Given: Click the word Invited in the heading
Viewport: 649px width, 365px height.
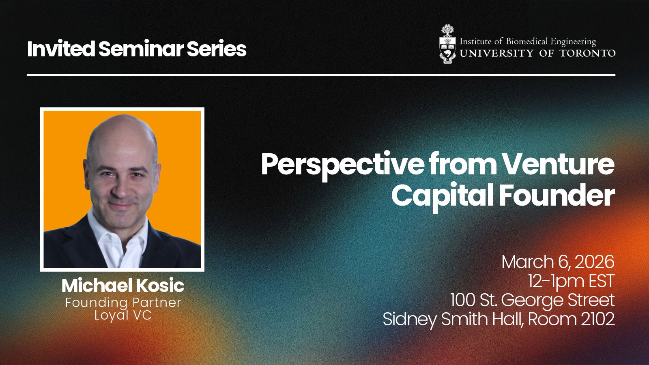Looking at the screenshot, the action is point(61,49).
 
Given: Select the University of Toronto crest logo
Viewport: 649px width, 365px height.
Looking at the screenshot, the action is point(448,44).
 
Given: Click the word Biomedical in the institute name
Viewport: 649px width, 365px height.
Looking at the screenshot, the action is point(527,42).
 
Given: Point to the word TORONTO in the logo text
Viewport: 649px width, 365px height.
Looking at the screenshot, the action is point(587,53).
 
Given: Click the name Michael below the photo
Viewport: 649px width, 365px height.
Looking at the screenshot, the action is point(97,286).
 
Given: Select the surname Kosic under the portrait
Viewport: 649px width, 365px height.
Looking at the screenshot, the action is point(160,286).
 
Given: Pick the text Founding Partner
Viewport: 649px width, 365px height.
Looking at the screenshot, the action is point(123,303).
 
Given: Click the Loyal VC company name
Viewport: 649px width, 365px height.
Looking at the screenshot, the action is point(123,315).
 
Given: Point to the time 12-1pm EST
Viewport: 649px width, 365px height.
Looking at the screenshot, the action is point(571,281).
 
